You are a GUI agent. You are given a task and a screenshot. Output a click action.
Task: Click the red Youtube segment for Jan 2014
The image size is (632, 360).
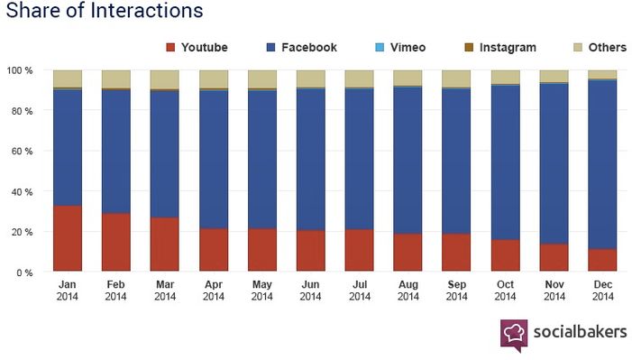click(x=68, y=238)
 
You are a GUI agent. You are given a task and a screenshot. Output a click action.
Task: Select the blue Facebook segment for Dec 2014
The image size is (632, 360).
click(x=602, y=164)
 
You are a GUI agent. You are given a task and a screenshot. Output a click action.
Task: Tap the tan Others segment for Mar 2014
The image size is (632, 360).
click(x=164, y=79)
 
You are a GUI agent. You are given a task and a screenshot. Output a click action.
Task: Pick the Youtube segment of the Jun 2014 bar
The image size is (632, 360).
click(x=311, y=251)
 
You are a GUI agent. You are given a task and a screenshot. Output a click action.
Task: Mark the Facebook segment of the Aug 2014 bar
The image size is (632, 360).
click(x=408, y=161)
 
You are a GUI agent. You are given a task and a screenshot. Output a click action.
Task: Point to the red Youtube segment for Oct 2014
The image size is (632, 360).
click(x=506, y=255)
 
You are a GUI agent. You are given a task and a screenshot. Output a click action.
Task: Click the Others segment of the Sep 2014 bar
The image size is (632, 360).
click(x=456, y=78)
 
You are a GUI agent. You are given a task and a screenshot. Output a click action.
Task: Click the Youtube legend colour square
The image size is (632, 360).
click(x=170, y=48)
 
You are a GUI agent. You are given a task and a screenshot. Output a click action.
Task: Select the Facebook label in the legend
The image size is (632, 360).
click(x=309, y=48)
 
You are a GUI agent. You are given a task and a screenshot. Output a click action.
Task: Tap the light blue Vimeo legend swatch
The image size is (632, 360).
click(x=380, y=48)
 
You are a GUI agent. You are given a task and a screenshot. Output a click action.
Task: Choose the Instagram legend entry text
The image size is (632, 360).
click(x=508, y=48)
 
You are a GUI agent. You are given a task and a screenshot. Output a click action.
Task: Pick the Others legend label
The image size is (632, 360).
click(x=608, y=48)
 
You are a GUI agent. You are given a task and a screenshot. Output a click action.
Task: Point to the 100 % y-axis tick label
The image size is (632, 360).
click(x=19, y=70)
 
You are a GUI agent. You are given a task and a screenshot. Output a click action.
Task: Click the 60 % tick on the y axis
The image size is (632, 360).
click(x=22, y=152)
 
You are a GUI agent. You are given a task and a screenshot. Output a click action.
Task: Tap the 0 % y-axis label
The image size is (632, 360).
click(x=24, y=272)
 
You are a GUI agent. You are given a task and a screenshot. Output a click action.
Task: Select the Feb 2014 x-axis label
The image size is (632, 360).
click(x=115, y=291)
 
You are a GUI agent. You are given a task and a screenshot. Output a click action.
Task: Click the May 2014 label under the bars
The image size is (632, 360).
click(x=262, y=291)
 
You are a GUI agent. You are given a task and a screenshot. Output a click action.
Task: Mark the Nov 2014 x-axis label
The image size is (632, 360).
click(x=554, y=291)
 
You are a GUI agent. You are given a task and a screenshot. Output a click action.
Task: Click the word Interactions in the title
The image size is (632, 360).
click(x=147, y=10)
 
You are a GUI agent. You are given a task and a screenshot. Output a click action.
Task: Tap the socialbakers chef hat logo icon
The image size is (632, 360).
click(x=514, y=335)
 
